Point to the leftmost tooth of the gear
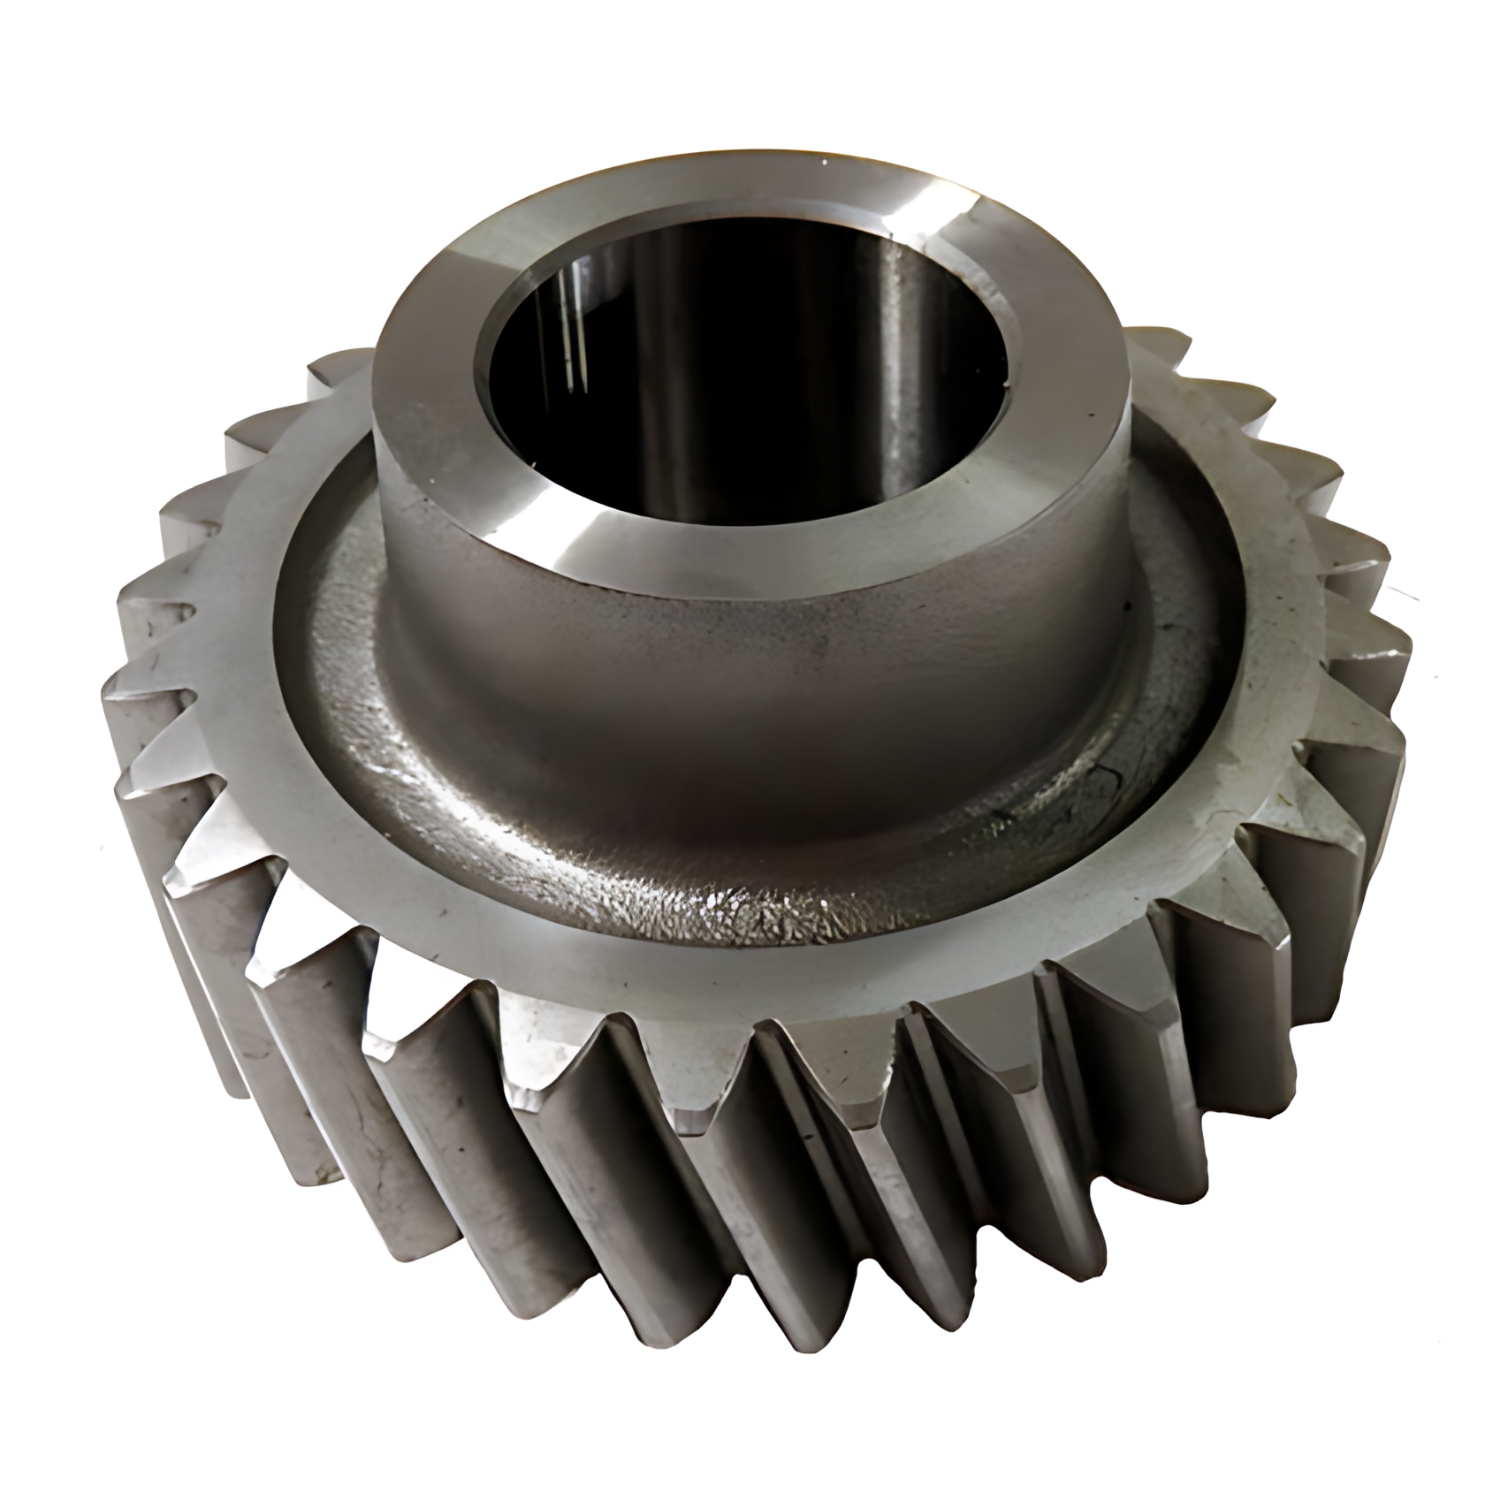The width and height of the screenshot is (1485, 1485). (133, 707)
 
